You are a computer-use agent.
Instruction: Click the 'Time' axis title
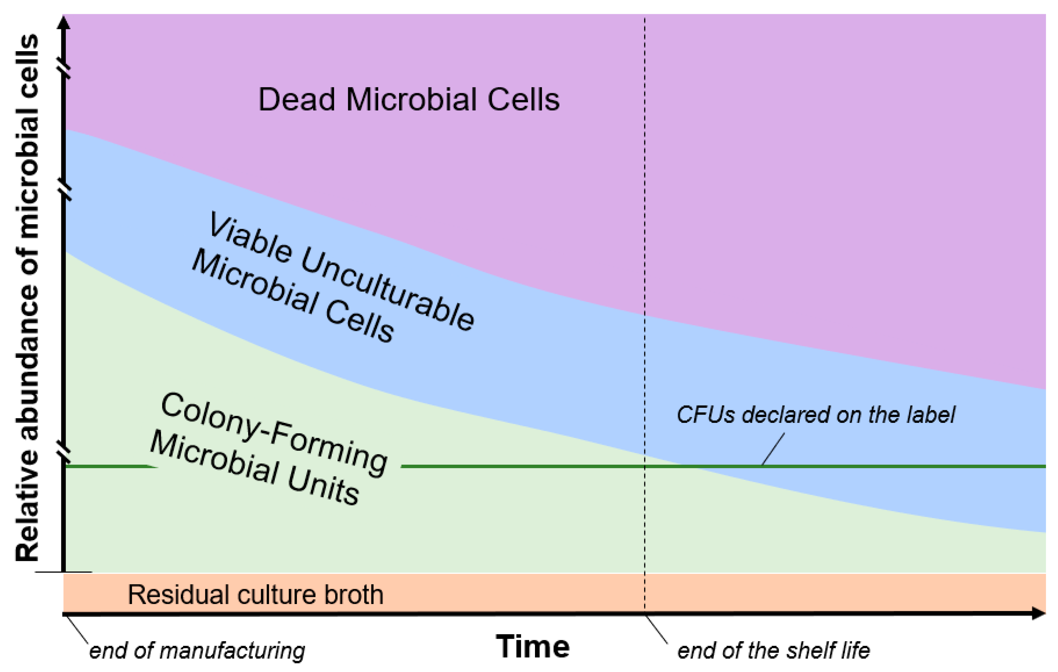click(x=532, y=647)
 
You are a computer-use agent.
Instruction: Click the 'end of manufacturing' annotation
click(x=197, y=651)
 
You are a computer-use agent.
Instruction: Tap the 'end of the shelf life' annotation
click(x=773, y=651)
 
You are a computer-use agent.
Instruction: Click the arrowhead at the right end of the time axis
click(x=1039, y=613)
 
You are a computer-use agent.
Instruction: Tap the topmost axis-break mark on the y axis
click(x=65, y=70)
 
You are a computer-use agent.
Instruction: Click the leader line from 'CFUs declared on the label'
click(x=773, y=449)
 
